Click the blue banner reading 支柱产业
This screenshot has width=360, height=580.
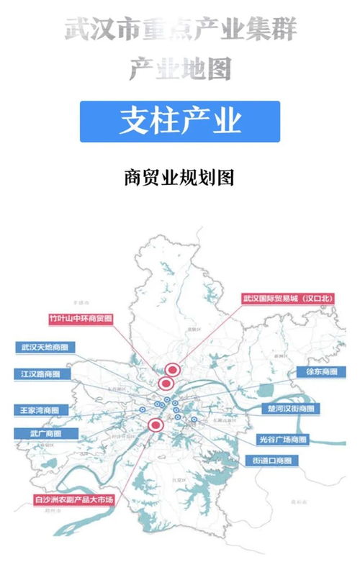(179, 121)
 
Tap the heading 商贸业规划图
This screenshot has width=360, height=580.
(179, 177)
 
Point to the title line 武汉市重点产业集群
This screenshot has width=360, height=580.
(180, 30)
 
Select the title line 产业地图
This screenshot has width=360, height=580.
(180, 69)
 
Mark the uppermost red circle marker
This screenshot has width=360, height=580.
(171, 369)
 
